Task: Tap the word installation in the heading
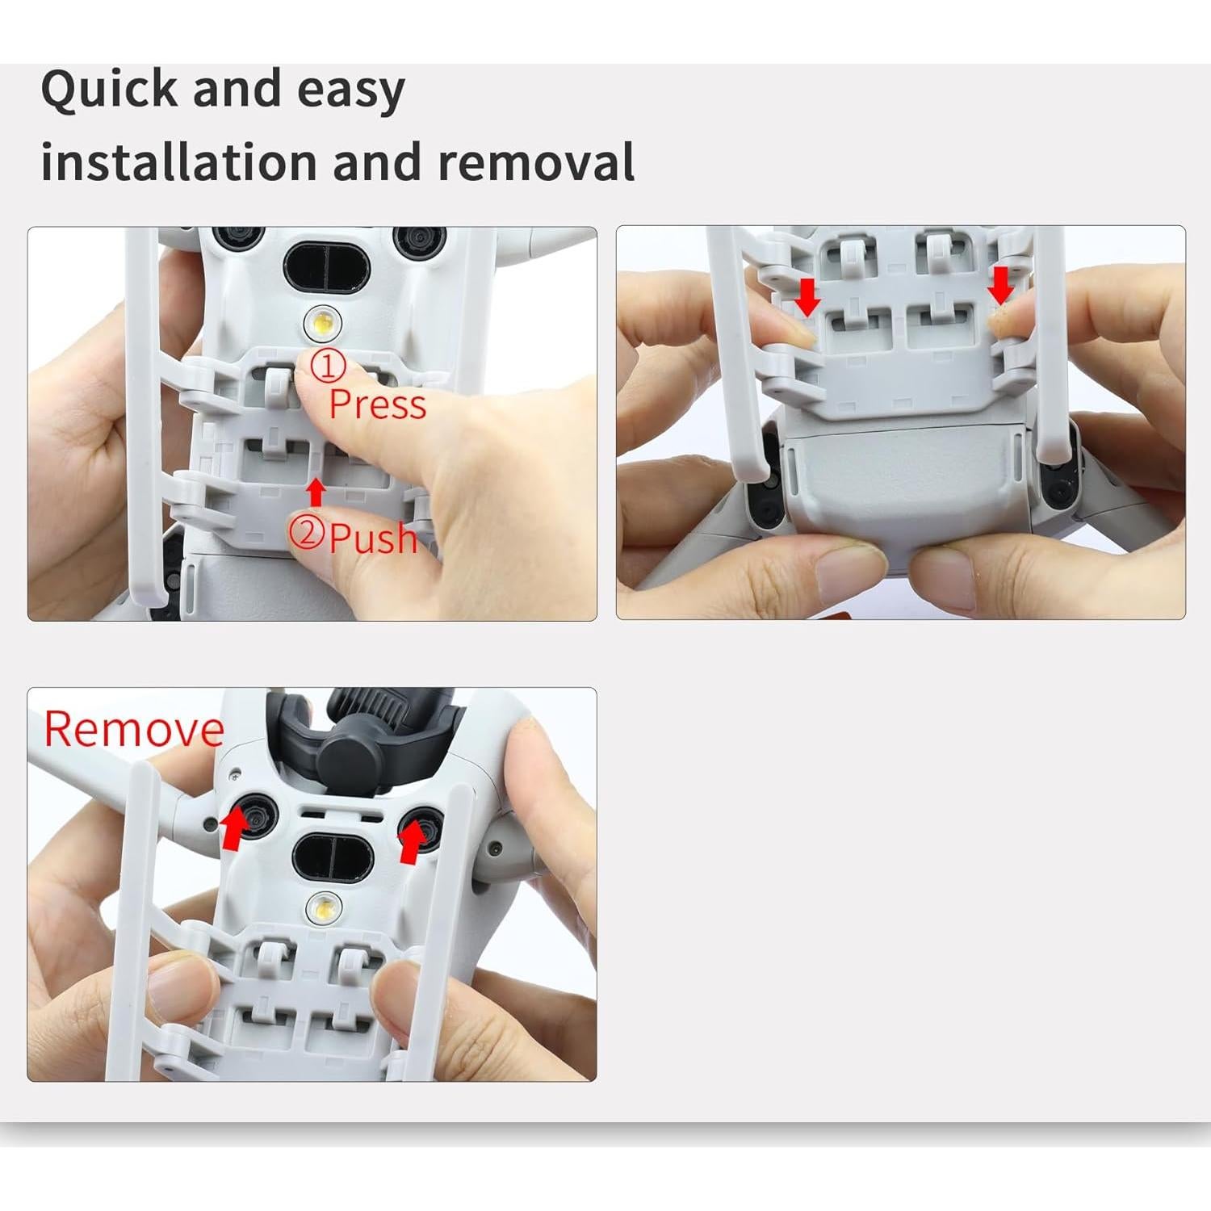(x=178, y=161)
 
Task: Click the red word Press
(x=377, y=404)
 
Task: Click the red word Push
(x=374, y=538)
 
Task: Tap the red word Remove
(x=134, y=729)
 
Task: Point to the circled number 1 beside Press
(x=329, y=367)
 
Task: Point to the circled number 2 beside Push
(x=307, y=534)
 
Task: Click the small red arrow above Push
(x=316, y=492)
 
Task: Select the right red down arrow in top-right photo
(x=1001, y=286)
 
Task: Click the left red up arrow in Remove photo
(x=234, y=829)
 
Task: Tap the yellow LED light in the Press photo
(x=322, y=324)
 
